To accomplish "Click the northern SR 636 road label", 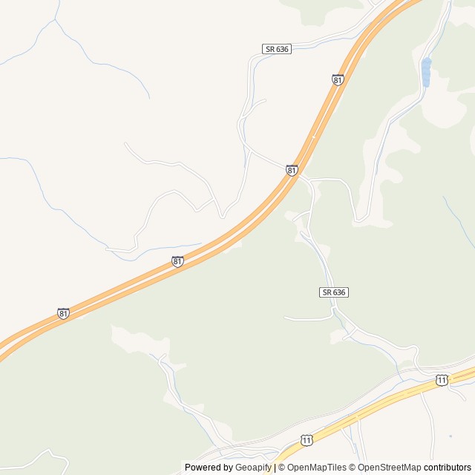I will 276,49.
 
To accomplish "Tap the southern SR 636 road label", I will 335,292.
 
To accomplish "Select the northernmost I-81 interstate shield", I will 338,79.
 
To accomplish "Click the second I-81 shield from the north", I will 292,171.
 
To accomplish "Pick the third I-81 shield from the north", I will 177,261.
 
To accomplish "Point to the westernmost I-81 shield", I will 64,314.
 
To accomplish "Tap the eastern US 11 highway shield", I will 442,380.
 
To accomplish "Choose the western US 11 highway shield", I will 307,440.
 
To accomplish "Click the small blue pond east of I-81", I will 426,72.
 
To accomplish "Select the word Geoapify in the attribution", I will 253,468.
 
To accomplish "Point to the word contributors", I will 448,468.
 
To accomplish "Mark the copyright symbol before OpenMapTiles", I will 282,468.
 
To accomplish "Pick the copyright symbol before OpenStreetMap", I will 354,468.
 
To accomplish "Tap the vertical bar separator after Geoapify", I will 275,468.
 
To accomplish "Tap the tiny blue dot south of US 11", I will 451,436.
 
